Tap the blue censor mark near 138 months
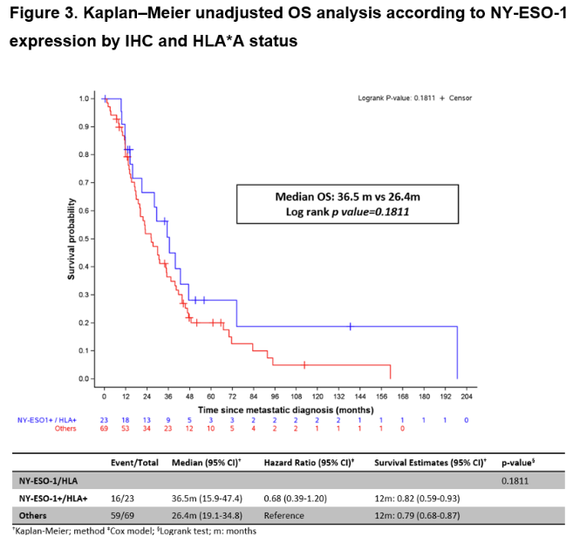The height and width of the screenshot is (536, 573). coord(351,326)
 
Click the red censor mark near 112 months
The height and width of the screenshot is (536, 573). coord(304,364)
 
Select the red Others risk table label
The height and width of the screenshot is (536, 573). coord(66,428)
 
